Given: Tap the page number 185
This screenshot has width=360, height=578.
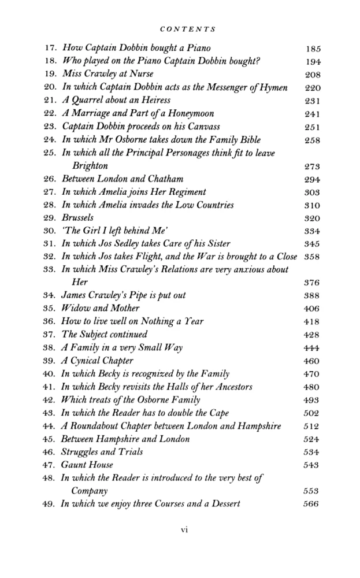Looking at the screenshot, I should pyautogui.click(x=311, y=49).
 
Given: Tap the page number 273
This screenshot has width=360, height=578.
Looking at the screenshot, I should pyautogui.click(x=311, y=166).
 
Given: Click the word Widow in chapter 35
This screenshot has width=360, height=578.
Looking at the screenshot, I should pyautogui.click(x=75, y=308).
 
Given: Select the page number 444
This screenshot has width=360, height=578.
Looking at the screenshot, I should pyautogui.click(x=311, y=347).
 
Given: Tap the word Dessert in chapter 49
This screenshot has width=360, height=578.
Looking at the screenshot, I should pyautogui.click(x=224, y=503).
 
